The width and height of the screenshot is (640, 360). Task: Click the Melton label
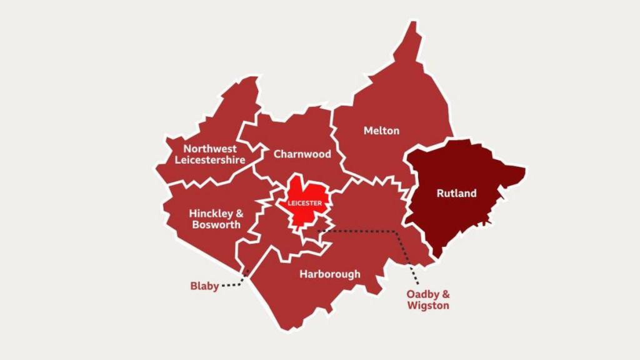coord(381,131)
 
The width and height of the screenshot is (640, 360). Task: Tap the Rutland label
coord(456,193)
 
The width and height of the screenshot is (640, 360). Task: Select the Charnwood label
coord(302,154)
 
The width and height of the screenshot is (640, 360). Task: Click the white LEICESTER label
coord(305,204)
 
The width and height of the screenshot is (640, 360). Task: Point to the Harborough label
coord(329,274)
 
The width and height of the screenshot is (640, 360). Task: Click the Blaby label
coord(204,286)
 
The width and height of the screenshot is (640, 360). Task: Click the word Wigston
coord(427,306)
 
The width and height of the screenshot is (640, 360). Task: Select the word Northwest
coord(210,149)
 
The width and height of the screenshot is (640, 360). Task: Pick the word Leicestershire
coord(210,160)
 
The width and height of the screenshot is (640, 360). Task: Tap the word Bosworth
coord(216,224)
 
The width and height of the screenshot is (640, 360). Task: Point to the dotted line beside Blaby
coord(232,284)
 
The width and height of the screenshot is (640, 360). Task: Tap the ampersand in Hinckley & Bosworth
coord(239,213)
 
